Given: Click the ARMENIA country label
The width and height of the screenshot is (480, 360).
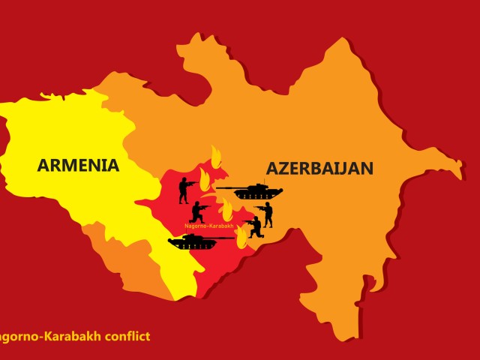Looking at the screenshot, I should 78,165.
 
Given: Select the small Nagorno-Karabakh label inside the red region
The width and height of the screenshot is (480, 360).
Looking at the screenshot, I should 208,225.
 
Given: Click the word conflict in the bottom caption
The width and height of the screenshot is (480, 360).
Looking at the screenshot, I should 124,336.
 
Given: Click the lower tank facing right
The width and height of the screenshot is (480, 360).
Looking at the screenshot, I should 191,241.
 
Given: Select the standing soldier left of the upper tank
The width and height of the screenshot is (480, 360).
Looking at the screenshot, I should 184,190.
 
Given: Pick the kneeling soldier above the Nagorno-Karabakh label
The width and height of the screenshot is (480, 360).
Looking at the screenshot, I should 200,212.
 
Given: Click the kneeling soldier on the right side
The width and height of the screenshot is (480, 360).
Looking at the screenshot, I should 255,226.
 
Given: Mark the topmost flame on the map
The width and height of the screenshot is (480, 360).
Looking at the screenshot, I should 216,158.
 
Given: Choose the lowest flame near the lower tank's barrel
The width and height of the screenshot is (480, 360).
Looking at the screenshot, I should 241,239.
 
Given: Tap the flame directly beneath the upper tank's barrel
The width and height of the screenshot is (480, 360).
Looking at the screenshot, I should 226,211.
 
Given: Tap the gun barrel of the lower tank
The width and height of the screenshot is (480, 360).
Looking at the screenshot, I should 220,238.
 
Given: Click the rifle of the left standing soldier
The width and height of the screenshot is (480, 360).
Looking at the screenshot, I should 192,182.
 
